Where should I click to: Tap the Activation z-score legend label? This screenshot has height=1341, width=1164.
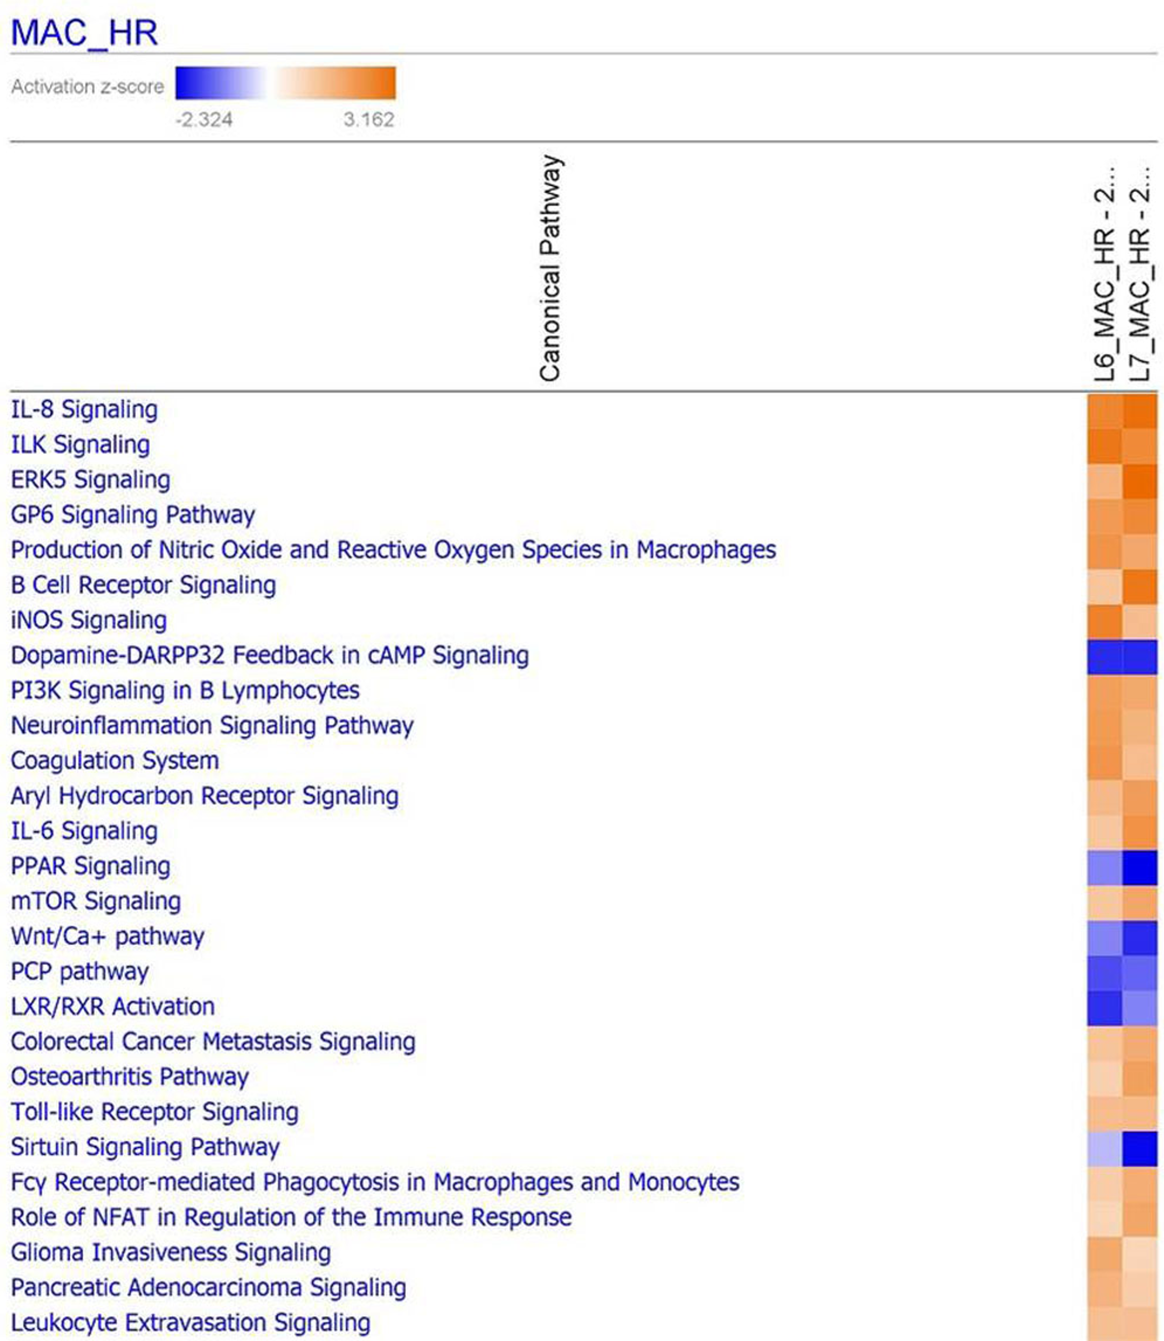click(88, 86)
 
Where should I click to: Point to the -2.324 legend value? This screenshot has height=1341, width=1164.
click(204, 120)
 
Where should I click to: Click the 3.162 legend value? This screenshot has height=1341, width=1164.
click(369, 120)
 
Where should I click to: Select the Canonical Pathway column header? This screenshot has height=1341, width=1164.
click(550, 268)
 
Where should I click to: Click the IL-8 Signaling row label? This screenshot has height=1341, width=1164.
click(85, 410)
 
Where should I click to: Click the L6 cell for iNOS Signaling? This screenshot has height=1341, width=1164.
click(1104, 620)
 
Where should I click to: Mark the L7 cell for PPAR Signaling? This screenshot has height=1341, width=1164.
click(1140, 867)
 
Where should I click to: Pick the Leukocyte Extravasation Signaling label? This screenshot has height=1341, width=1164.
click(190, 1323)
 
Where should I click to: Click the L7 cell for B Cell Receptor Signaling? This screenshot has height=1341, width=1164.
click(1140, 585)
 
